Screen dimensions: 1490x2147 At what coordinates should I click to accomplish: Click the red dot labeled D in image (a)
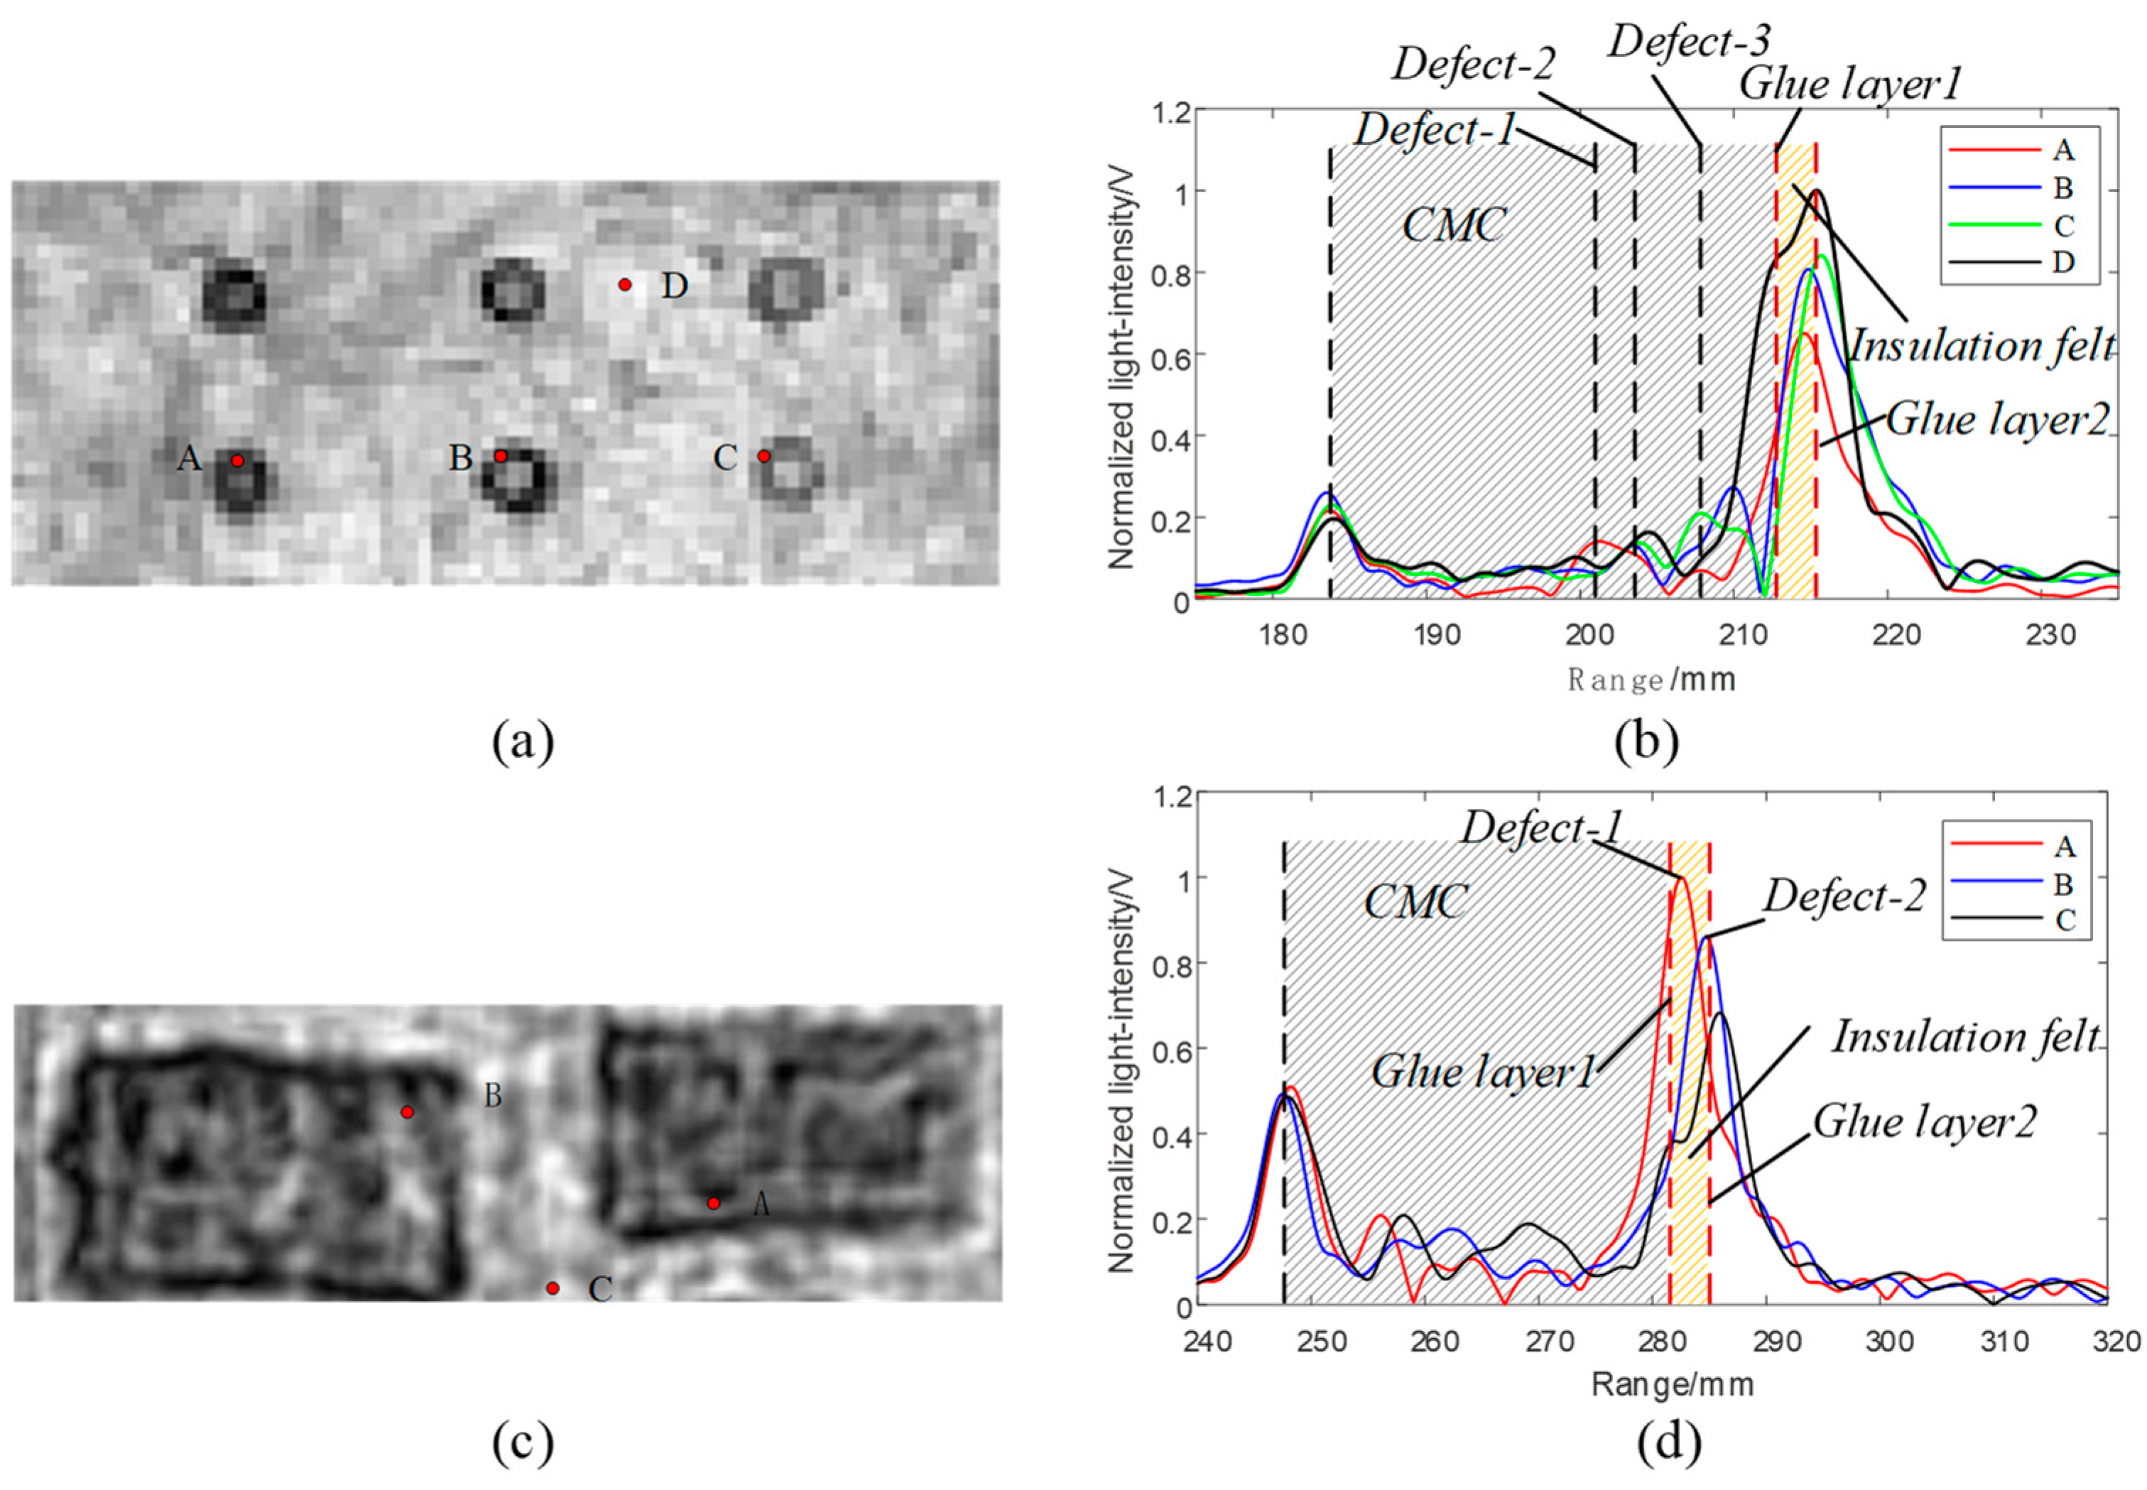click(x=624, y=284)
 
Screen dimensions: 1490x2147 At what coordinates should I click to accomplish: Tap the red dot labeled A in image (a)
click(x=237, y=460)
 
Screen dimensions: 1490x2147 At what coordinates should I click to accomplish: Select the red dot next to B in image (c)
click(x=407, y=1112)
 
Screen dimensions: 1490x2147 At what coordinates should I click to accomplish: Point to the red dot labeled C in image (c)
click(x=553, y=1288)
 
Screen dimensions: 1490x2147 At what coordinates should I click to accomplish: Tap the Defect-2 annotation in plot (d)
click(x=1844, y=897)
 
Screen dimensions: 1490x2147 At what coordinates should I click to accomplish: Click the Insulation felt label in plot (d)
click(x=1966, y=1037)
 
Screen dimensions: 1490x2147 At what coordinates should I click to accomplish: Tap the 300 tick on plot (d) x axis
click(x=1889, y=1342)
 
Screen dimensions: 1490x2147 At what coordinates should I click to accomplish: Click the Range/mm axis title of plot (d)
click(x=1673, y=1383)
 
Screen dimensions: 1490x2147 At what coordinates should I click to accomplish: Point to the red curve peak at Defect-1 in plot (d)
click(x=1681, y=878)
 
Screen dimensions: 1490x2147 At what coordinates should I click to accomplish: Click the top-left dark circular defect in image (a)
click(x=234, y=297)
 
